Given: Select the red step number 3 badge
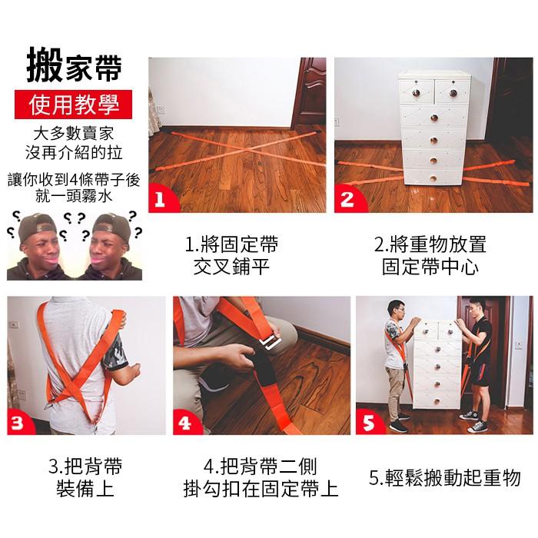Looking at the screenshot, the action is coord(19,422).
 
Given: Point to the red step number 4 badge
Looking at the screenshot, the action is coord(185,422).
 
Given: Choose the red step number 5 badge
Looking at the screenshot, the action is coord(368,422).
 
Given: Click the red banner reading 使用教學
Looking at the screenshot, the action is coord(74,105).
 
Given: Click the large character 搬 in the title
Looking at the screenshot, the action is coord(45,65).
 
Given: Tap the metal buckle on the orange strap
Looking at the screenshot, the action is coord(270,343).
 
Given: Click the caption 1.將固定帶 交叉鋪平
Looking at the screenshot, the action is coord(231,255).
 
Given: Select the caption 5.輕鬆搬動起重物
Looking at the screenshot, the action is coord(445,477).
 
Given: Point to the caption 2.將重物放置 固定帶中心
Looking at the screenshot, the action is coord(430,255).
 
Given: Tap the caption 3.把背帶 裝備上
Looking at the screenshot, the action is coord(85,477).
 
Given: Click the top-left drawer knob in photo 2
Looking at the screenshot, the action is coord(417,93).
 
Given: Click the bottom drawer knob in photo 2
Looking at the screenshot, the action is coord(433,178).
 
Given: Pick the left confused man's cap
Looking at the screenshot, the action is coord(37,227).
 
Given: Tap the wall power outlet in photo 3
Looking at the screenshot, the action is coord(14,324).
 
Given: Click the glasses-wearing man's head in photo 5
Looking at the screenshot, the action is coord(396,310).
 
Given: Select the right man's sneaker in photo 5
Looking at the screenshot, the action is coord(478,427).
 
